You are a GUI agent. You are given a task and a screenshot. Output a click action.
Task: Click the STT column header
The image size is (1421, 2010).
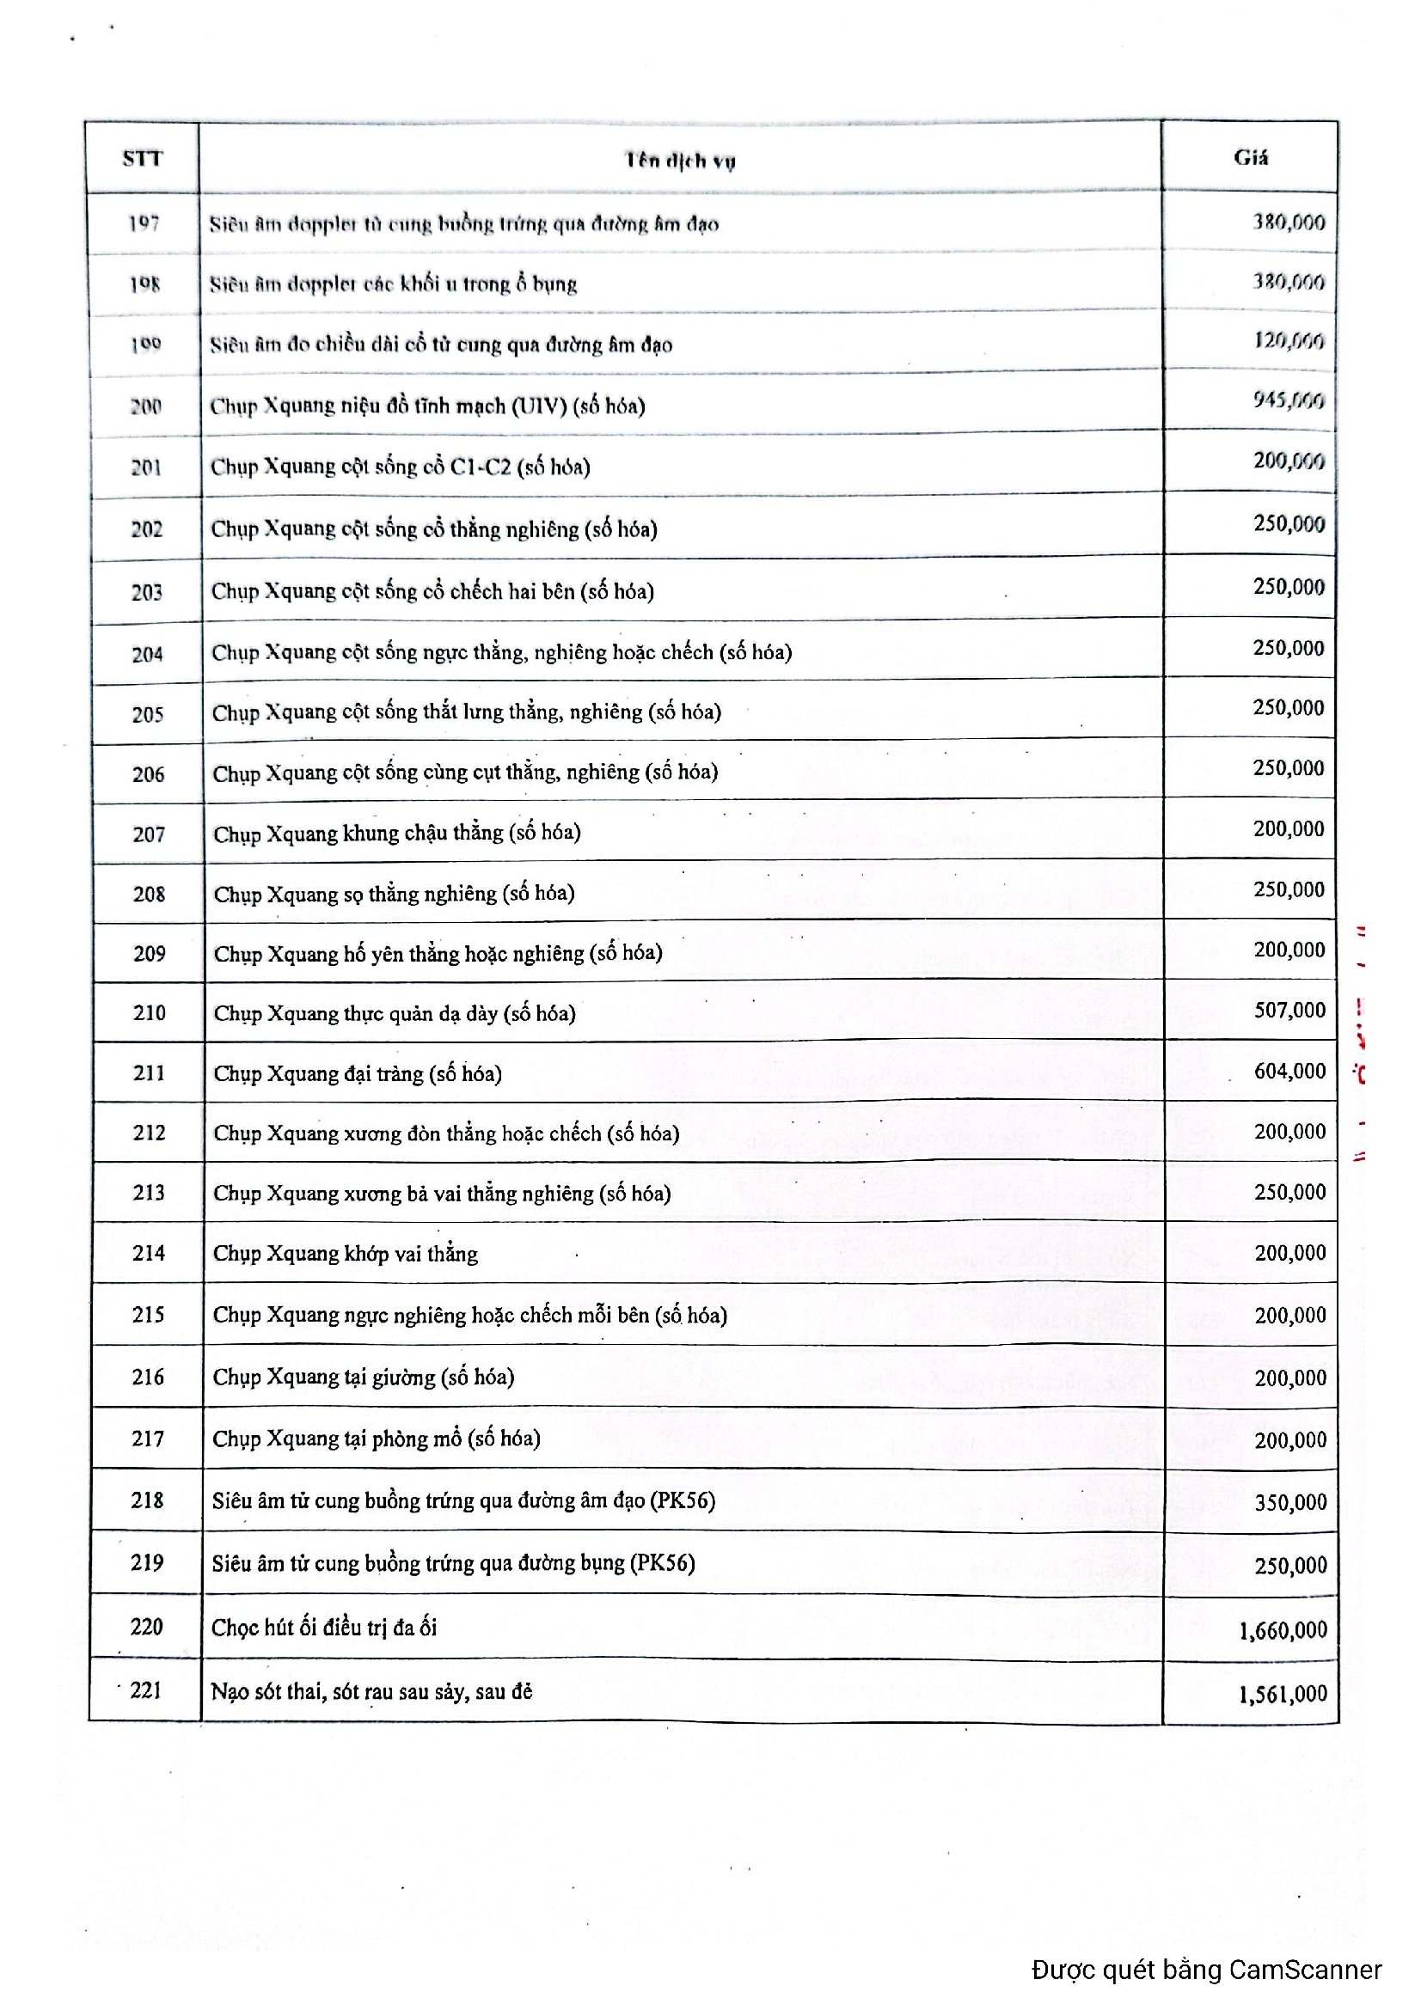[142, 158]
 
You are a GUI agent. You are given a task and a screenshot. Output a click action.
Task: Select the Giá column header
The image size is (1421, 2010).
[1250, 157]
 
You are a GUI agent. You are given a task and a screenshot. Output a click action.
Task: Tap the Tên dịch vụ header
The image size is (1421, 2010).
[679, 160]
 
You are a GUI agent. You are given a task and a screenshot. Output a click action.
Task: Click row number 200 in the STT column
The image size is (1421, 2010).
[145, 406]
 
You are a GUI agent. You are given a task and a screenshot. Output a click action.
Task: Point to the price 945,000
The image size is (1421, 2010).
[1288, 400]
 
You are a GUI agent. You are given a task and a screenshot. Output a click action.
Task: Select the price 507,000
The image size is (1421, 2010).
[1289, 1011]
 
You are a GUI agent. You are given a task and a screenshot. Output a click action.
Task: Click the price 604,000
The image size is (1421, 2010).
[1289, 1071]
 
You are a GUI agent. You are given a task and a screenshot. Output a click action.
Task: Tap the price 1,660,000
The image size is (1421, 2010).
[1283, 1630]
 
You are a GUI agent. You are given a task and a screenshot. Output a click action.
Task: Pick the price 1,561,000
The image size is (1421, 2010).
[1283, 1694]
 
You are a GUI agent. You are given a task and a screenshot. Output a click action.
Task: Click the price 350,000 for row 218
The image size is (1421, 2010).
[1289, 1502]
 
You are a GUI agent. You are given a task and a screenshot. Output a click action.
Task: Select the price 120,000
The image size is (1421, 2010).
[1288, 340]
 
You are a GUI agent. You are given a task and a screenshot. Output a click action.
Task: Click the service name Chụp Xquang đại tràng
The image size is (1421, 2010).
[358, 1073]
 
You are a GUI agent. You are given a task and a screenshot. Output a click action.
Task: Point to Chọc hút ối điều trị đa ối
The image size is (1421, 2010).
[324, 1628]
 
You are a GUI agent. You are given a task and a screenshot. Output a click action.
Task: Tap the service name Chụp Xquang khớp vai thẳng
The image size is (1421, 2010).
[345, 1254]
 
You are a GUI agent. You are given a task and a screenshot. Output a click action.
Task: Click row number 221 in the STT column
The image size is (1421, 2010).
[145, 1689]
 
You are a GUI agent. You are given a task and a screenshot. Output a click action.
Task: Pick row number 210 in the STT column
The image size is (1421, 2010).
[149, 1013]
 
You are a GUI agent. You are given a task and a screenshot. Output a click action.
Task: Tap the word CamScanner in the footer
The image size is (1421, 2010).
[1305, 1970]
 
